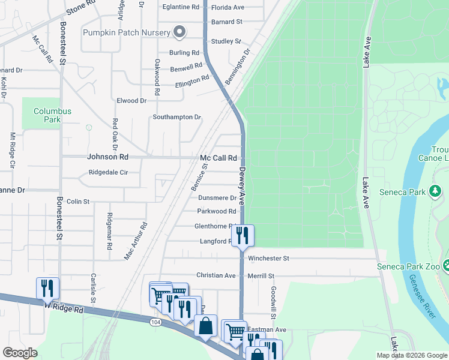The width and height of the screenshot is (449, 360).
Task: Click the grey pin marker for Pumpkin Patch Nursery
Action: [179, 32]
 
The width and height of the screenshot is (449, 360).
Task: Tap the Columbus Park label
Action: [52, 115]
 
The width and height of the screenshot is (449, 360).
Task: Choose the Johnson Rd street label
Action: [108, 157]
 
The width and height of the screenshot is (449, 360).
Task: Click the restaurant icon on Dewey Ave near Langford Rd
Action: [243, 235]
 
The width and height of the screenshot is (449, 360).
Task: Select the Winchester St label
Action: [269, 258]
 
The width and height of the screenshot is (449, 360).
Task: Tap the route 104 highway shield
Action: [156, 322]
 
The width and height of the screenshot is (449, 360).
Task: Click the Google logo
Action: [20, 353]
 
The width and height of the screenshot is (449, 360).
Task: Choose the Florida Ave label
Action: [229, 7]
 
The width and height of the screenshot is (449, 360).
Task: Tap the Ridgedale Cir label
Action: [108, 172]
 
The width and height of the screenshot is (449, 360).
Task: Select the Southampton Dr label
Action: [176, 117]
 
